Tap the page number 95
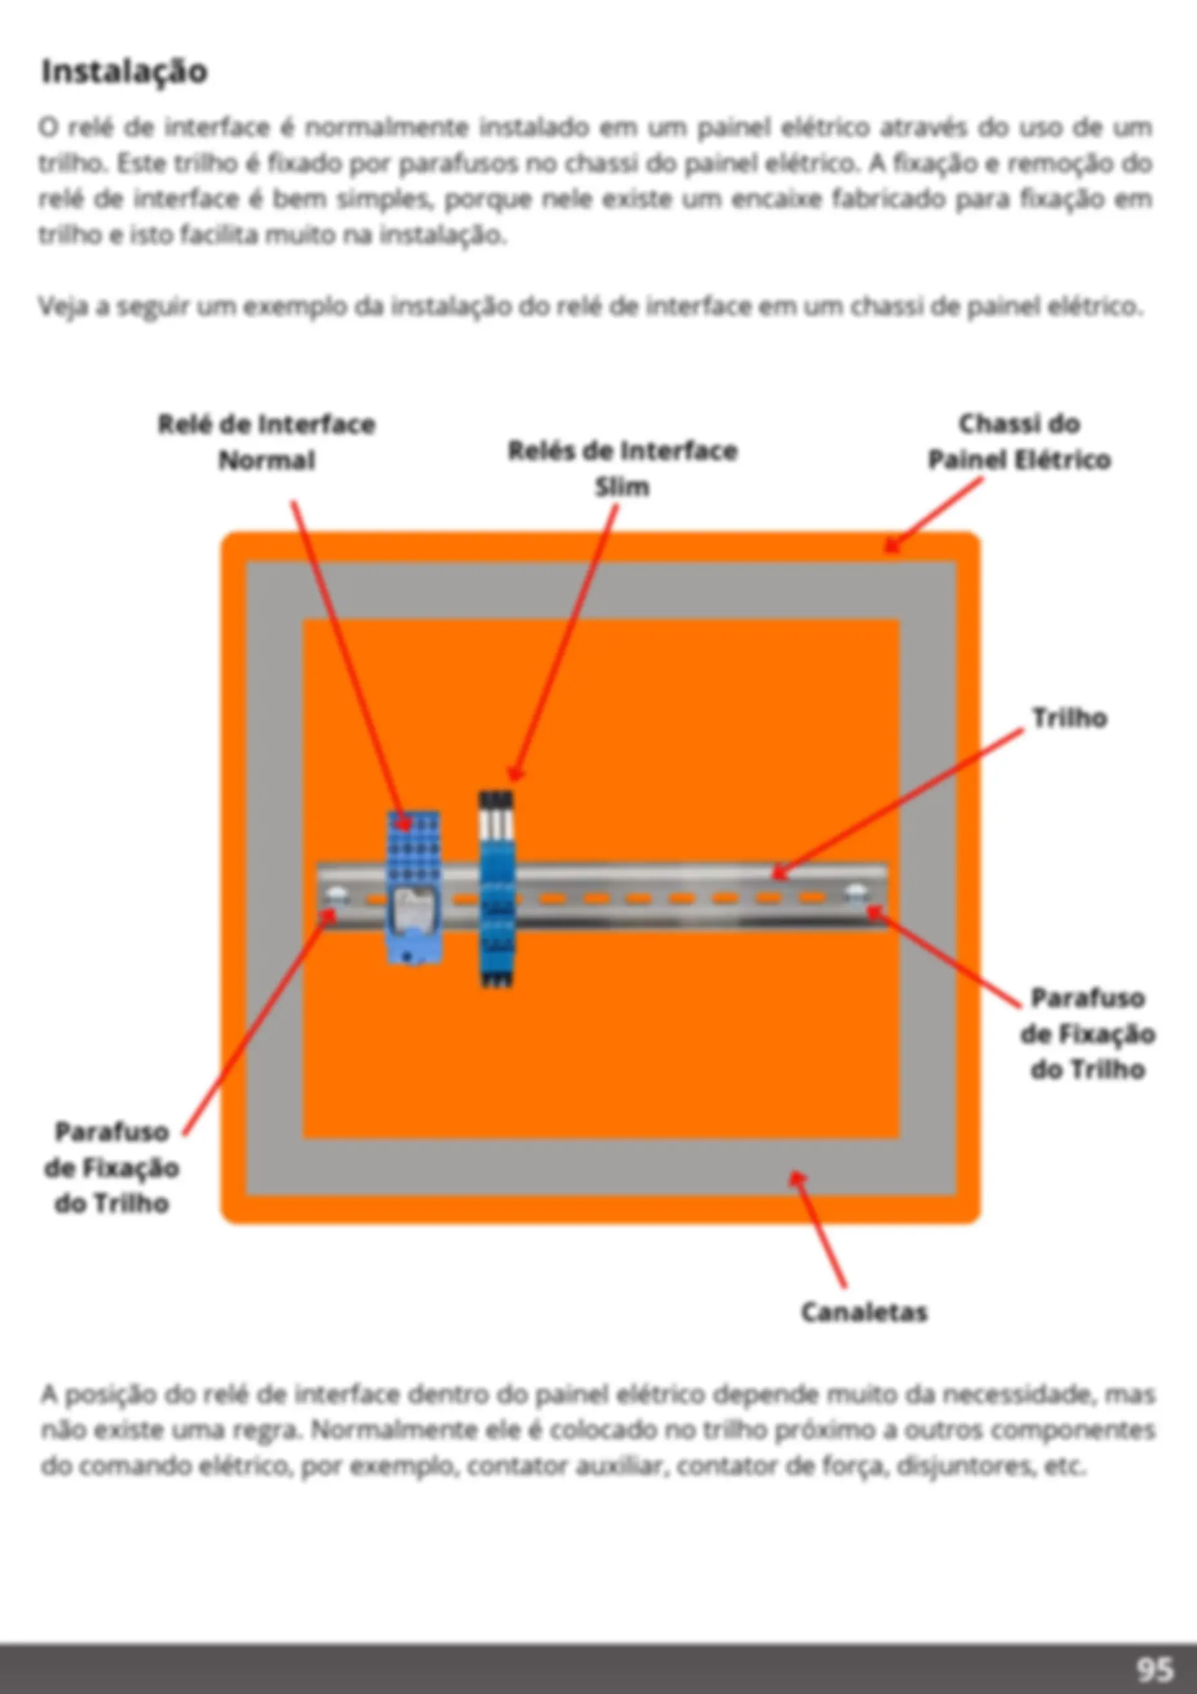[x=1155, y=1669]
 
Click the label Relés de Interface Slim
[x=622, y=469]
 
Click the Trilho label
[x=1070, y=718]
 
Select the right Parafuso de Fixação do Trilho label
[x=1087, y=1033]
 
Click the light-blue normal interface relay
[x=414, y=886]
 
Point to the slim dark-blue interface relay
[x=496, y=889]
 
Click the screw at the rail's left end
[x=337, y=897]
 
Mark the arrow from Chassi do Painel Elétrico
[x=934, y=514]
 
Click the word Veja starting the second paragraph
[x=64, y=306]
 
